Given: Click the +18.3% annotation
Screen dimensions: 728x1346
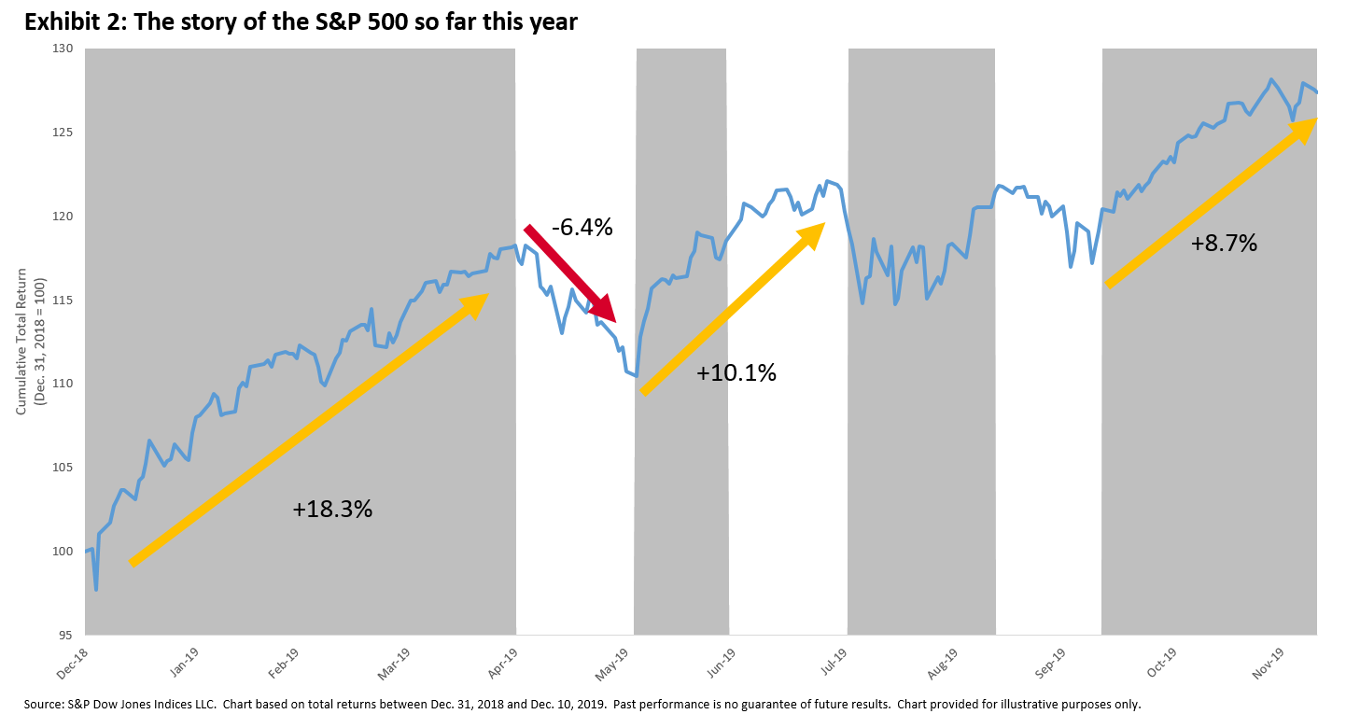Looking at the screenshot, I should point(332,510).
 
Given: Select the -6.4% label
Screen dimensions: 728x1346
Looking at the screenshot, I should point(582,227).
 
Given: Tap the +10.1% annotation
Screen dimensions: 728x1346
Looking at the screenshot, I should point(736,373).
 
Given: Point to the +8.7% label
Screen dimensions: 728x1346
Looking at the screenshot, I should point(1224,244).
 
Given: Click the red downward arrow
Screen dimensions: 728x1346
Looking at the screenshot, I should point(569,273).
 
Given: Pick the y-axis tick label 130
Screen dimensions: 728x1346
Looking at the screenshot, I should point(66,48).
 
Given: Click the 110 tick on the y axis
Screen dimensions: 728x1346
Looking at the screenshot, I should point(66,384).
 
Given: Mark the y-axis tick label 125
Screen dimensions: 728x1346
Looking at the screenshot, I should point(66,132).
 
